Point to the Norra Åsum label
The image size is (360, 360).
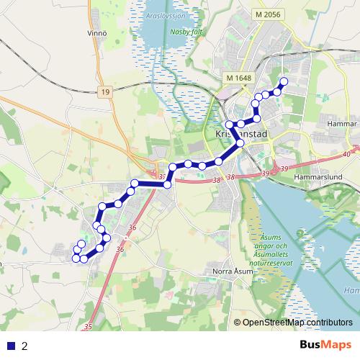click(x=234, y=271)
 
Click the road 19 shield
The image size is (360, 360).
click(x=106, y=91)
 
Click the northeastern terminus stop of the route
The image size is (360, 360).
click(x=283, y=81)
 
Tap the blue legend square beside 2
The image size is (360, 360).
click(x=11, y=346)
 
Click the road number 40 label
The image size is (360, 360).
click(x=347, y=153)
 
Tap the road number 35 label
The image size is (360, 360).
click(x=88, y=328)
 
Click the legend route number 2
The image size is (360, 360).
click(x=24, y=346)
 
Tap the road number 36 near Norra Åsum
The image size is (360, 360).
click(x=120, y=249)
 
